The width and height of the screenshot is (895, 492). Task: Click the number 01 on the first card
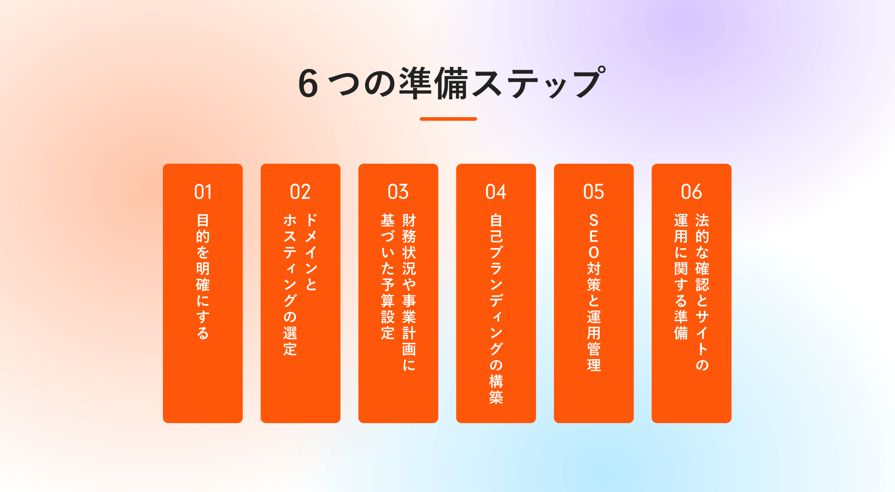(x=203, y=192)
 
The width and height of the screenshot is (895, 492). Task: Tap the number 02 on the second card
(x=300, y=192)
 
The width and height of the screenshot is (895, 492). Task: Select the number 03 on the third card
(x=398, y=192)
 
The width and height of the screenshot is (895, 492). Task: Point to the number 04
(x=496, y=192)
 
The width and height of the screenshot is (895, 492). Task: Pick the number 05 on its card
(x=594, y=192)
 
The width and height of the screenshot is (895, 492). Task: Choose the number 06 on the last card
(x=691, y=192)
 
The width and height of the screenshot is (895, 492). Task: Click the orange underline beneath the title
(x=448, y=119)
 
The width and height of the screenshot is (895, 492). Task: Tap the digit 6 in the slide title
(x=308, y=84)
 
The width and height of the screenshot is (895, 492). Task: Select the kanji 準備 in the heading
(x=433, y=83)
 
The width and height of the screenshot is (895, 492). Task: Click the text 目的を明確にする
(x=203, y=276)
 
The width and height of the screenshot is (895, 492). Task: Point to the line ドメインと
(x=311, y=252)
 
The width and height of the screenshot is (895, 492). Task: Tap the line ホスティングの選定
(x=290, y=284)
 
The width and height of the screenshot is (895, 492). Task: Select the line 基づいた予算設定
(x=388, y=276)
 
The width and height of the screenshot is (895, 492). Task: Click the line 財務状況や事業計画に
(x=409, y=293)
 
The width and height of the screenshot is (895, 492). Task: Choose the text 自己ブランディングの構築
(x=496, y=309)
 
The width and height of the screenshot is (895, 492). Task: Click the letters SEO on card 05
(x=594, y=236)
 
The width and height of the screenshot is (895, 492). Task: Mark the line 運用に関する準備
(x=681, y=276)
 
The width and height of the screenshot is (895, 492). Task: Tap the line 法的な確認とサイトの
(x=702, y=293)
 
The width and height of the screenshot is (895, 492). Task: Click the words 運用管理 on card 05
(x=594, y=341)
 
